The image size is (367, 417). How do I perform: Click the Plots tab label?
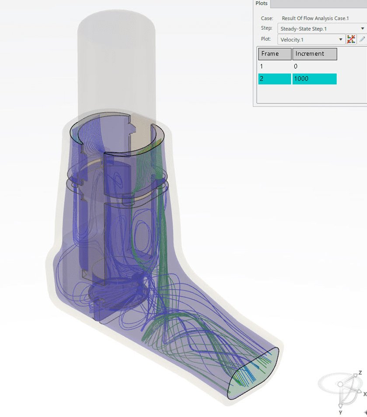click(x=262, y=3)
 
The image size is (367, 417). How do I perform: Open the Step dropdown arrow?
click(x=363, y=28)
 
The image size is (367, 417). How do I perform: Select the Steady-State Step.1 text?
click(x=304, y=28)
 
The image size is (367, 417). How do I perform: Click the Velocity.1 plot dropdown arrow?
click(x=341, y=39)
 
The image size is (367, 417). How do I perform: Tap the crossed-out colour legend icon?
click(x=351, y=39)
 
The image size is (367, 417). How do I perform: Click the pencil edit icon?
click(x=362, y=39)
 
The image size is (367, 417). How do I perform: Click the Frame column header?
click(x=274, y=54)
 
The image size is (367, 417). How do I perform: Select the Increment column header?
click(x=315, y=54)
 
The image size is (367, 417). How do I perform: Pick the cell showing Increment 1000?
click(x=314, y=79)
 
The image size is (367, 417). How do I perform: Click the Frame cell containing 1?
click(x=274, y=66)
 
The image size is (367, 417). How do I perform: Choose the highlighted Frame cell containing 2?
click(x=274, y=79)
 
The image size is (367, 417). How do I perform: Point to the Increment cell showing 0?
click(x=314, y=66)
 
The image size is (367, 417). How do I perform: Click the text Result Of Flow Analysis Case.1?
click(x=315, y=18)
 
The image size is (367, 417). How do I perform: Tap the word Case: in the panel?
click(x=267, y=18)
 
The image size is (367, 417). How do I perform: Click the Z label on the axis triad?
click(x=360, y=373)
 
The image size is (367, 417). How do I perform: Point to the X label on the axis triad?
click(x=364, y=394)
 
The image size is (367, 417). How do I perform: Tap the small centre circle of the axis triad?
click(x=341, y=384)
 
